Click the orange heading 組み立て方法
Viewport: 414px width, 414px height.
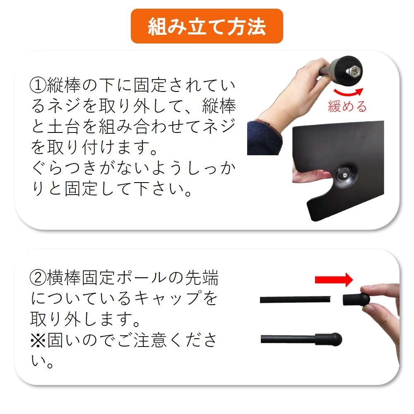tap(207, 26)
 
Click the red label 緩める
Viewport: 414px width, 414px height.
tap(347, 106)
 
